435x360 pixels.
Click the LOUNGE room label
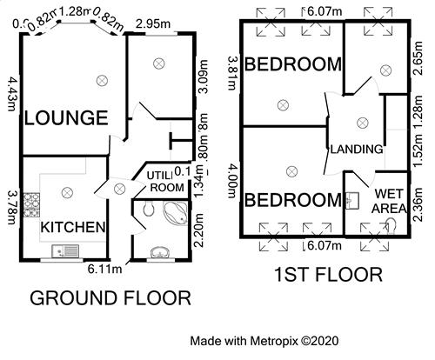click(x=65, y=117)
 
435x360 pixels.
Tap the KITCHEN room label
click(x=73, y=228)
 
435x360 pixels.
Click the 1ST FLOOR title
click(x=327, y=276)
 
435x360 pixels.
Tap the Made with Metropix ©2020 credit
click(x=264, y=340)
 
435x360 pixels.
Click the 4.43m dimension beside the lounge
click(x=11, y=93)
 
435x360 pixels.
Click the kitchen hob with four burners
click(x=31, y=206)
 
